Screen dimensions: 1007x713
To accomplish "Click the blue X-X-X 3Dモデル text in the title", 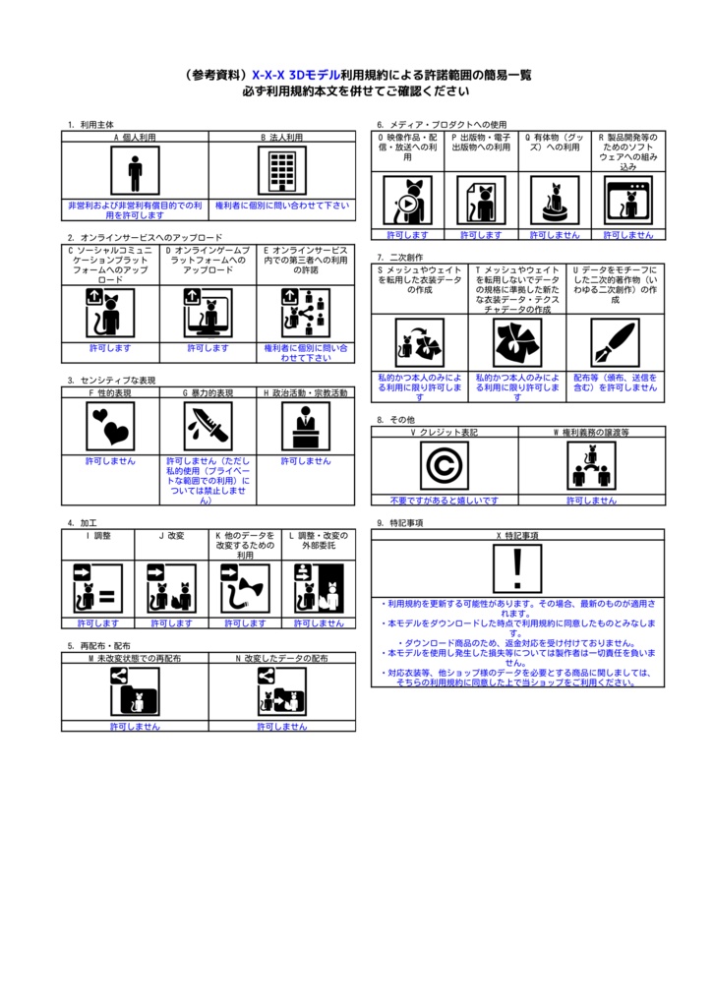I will pos(296,75).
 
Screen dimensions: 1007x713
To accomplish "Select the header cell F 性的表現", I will pos(110,392).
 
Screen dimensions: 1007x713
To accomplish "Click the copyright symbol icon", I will pos(445,465).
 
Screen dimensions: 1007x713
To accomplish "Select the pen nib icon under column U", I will pos(615,342).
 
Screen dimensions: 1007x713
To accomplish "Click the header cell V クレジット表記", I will pos(445,432).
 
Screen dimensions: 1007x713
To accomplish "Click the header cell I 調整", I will pos(98,535).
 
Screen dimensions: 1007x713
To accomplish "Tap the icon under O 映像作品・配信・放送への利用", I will pos(407,201).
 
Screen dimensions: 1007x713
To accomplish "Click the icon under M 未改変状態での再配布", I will pos(135,690).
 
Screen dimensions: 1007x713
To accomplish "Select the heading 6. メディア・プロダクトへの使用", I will pos(442,125).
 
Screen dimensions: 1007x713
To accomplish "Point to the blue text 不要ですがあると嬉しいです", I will pos(445,500).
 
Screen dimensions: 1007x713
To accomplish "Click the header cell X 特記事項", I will pos(517,536).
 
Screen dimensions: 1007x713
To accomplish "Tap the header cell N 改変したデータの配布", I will pos(282,657).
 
